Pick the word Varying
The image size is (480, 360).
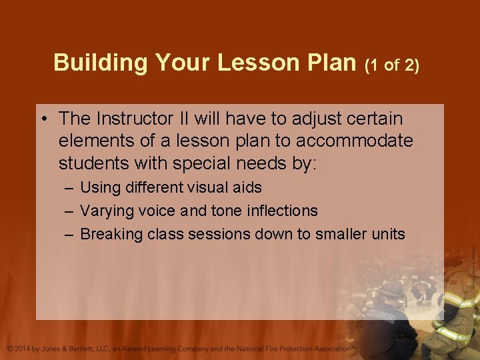(106, 211)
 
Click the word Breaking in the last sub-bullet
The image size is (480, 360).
(111, 234)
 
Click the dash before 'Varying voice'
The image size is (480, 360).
(70, 211)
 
